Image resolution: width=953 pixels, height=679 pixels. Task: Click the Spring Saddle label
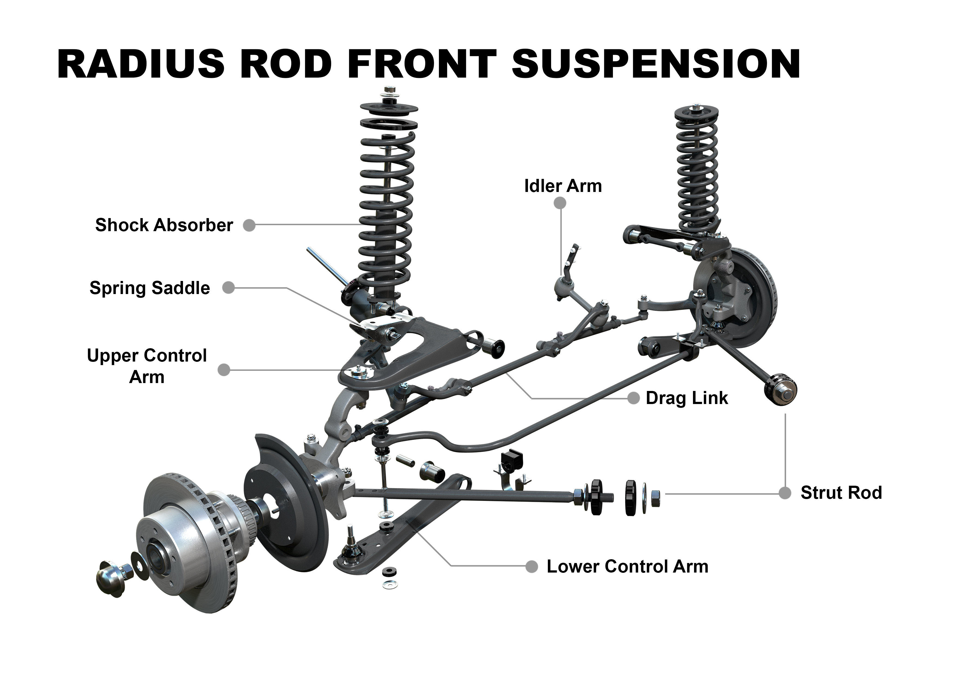pos(150,288)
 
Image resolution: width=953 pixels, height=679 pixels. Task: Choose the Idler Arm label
pos(563,186)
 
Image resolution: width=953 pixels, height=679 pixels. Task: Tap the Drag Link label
pos(687,398)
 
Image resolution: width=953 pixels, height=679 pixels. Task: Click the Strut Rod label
pos(841,493)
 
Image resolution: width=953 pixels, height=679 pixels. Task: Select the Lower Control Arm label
pos(627,567)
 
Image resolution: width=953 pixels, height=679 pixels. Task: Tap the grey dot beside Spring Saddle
pos(228,288)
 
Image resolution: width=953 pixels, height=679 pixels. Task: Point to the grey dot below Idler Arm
pos(560,203)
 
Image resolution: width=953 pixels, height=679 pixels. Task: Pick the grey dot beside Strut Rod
pos(785,493)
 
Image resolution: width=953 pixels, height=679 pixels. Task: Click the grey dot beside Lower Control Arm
pos(532,567)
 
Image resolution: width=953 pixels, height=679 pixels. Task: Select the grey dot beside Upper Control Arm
pos(224,370)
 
